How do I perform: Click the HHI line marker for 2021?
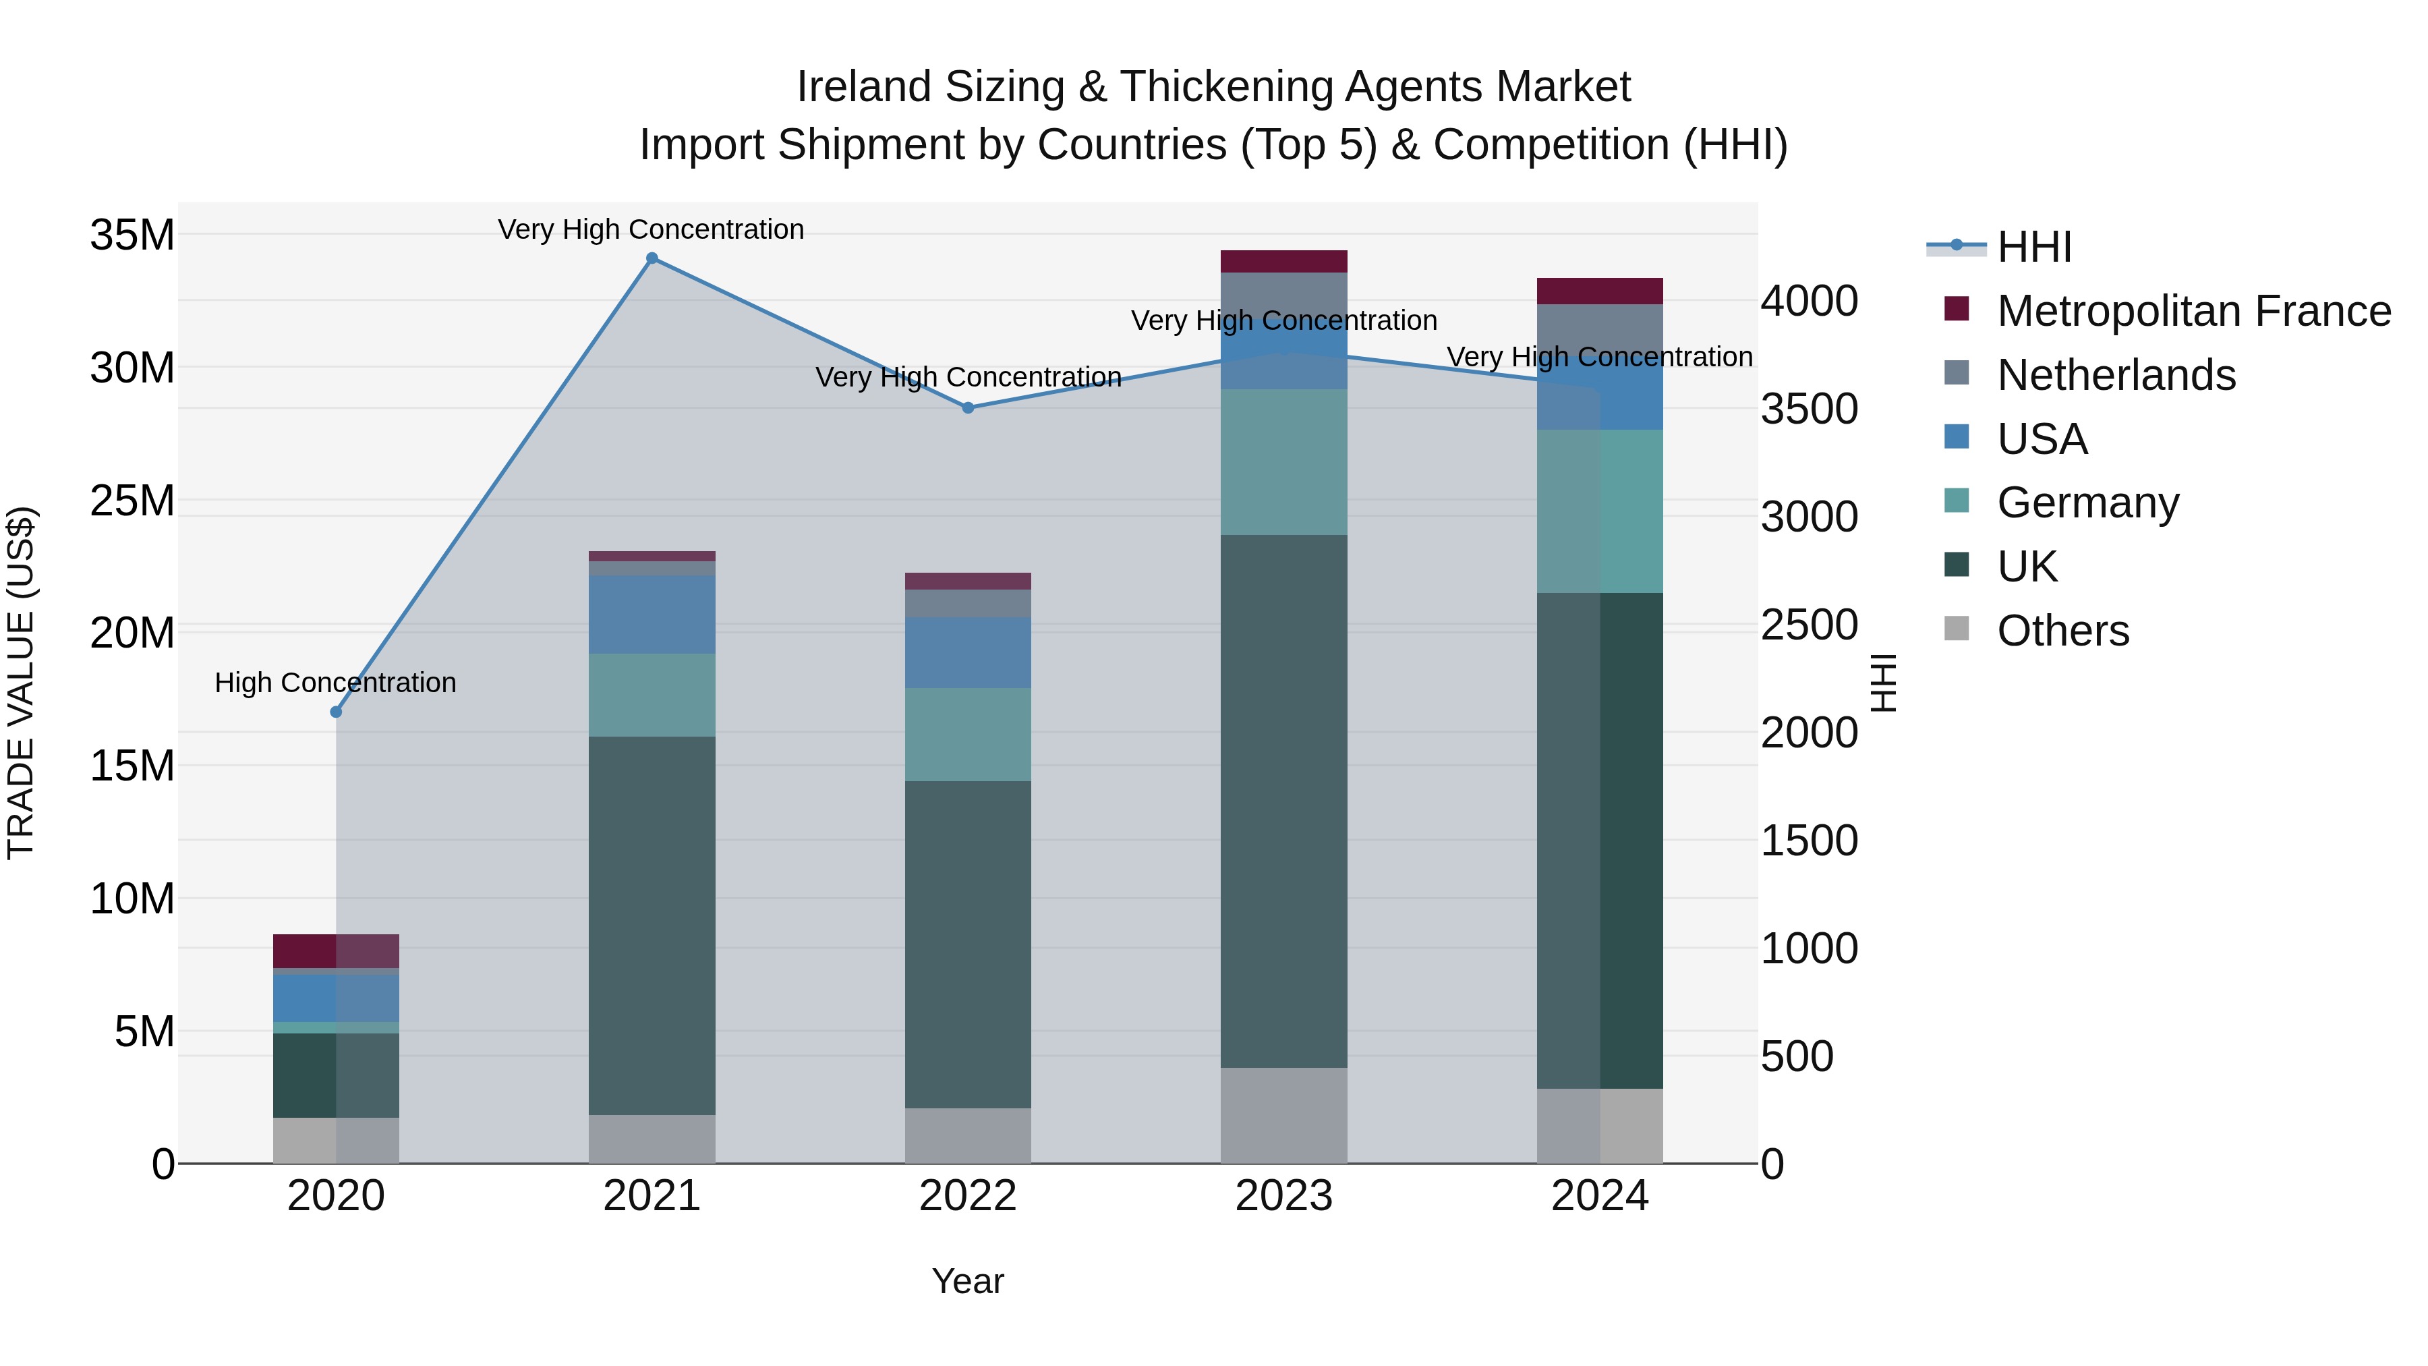(652, 258)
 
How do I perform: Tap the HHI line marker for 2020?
(336, 712)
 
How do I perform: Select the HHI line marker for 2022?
(968, 408)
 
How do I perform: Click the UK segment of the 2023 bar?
(1283, 801)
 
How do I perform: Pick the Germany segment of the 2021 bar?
(652, 695)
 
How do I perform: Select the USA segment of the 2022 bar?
(968, 652)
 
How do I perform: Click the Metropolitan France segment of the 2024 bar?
(1600, 291)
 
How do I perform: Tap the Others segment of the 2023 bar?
(1283, 1115)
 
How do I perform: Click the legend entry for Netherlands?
(2116, 375)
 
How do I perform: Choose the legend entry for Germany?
(2087, 503)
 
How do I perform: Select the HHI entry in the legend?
(2034, 247)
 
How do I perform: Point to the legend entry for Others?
(2062, 631)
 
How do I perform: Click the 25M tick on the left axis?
(132, 501)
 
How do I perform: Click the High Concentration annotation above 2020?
(336, 683)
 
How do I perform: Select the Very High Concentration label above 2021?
(652, 229)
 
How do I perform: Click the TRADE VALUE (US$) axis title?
(21, 683)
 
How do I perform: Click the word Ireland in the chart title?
(863, 87)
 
